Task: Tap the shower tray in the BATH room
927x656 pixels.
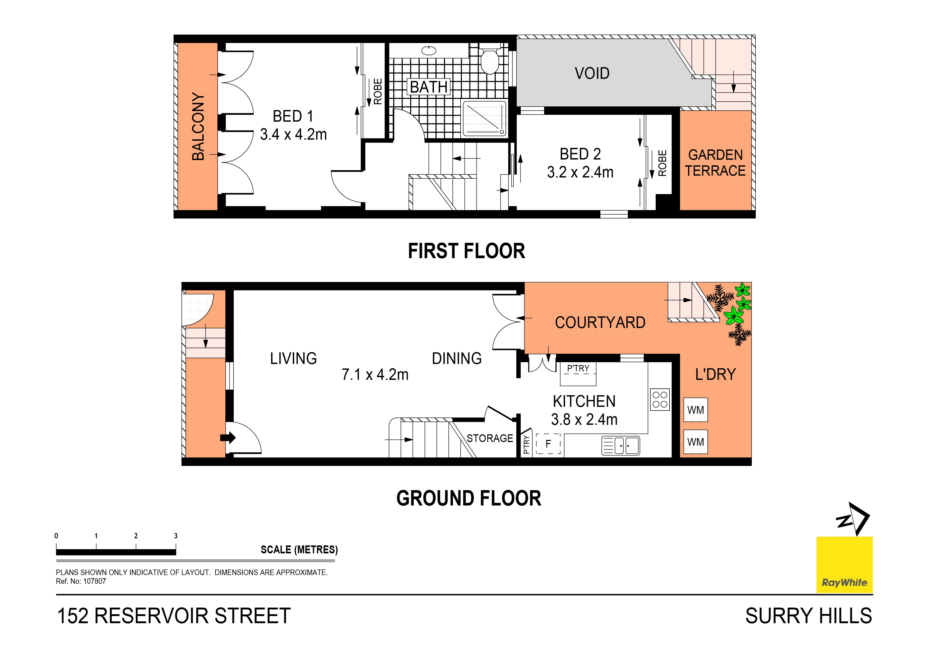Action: pyautogui.click(x=484, y=118)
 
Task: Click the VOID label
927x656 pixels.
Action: pyautogui.click(x=592, y=74)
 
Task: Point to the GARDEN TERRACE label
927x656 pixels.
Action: pyautogui.click(x=715, y=163)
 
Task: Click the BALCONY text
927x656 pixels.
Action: pyautogui.click(x=198, y=126)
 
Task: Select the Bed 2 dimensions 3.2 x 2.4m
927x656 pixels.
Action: pyautogui.click(x=580, y=172)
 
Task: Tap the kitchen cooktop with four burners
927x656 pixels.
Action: pyautogui.click(x=660, y=399)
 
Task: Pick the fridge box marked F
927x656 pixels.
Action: pyautogui.click(x=548, y=444)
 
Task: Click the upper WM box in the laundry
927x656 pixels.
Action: pyautogui.click(x=695, y=410)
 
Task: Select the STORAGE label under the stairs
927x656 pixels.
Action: pyautogui.click(x=490, y=438)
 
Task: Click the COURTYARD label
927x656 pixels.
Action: pyautogui.click(x=600, y=322)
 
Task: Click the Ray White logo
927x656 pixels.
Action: pyautogui.click(x=845, y=565)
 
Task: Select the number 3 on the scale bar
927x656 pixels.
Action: pyautogui.click(x=176, y=536)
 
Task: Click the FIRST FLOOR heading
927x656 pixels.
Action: pyautogui.click(x=466, y=251)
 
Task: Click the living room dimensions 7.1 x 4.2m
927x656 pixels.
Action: pyautogui.click(x=375, y=375)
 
